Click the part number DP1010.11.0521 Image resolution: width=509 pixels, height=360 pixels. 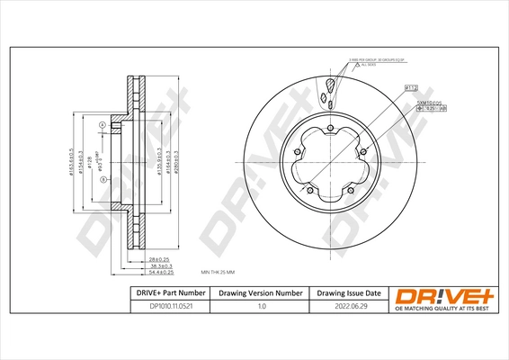tap(158, 307)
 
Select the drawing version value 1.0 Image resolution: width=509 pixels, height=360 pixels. tap(262, 307)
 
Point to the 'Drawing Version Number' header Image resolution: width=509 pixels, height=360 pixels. tap(262, 293)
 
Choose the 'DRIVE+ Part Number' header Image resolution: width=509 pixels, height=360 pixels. tap(158, 293)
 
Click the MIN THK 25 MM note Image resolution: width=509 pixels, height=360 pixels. tap(219, 271)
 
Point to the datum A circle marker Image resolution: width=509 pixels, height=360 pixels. tap(103, 124)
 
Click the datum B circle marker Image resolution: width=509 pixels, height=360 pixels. tap(103, 180)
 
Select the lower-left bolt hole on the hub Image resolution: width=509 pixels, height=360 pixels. tap(308, 190)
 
